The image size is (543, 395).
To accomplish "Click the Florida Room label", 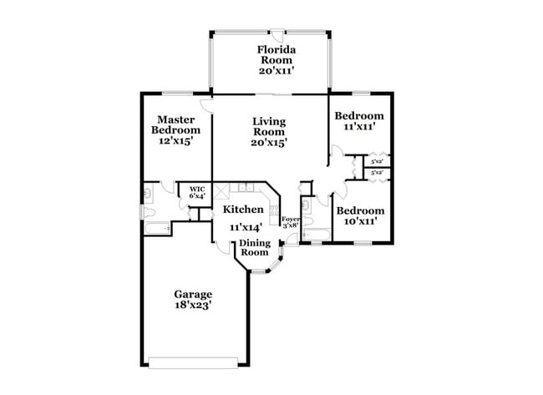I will click(276, 54).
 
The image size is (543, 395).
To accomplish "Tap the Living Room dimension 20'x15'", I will click(269, 143).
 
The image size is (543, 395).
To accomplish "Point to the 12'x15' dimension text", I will click(175, 141).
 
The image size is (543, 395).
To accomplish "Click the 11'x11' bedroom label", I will click(358, 127).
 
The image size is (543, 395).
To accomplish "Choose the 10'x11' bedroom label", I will click(361, 222).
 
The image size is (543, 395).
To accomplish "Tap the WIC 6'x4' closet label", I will click(197, 193).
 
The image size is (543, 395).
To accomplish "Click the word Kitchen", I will click(243, 210).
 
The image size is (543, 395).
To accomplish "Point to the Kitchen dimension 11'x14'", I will click(246, 226).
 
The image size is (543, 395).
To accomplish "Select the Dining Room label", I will click(255, 248).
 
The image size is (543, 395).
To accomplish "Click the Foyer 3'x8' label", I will click(289, 222).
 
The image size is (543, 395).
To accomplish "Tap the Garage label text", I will click(193, 294).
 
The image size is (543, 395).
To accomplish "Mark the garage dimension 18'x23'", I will click(193, 306).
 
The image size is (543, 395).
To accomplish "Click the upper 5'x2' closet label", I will click(377, 162).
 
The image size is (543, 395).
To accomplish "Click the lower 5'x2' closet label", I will click(377, 173).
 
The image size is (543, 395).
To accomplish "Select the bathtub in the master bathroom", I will click(156, 226).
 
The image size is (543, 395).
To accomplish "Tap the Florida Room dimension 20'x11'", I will click(276, 71).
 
